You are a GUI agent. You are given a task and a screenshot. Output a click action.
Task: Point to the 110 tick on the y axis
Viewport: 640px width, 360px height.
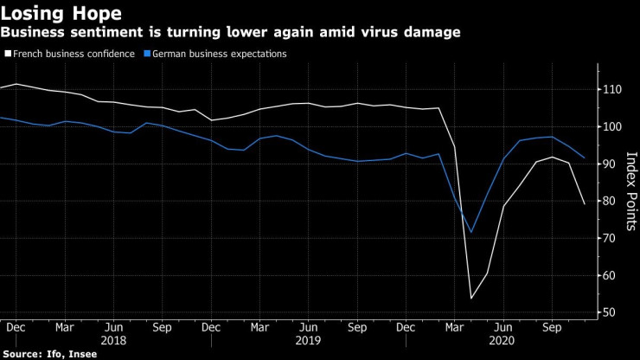tap(611, 90)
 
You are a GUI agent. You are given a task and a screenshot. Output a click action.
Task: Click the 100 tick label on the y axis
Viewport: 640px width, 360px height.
tap(611, 127)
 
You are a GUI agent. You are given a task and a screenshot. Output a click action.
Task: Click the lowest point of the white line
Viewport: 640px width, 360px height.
tap(471, 299)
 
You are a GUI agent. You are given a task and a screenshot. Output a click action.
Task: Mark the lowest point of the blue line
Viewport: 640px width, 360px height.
tap(471, 232)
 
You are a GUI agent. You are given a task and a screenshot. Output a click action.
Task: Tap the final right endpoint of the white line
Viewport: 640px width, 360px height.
tap(585, 204)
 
